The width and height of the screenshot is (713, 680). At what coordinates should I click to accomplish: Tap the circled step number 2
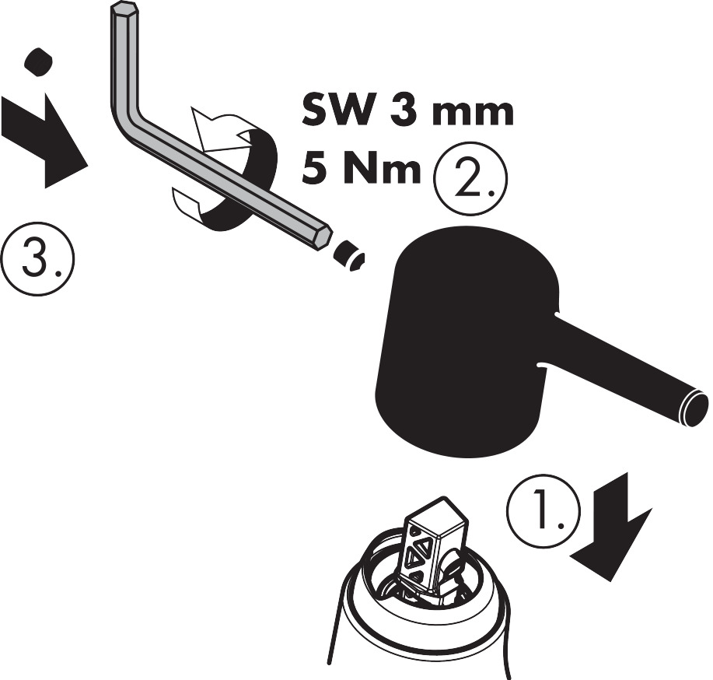tap(470, 178)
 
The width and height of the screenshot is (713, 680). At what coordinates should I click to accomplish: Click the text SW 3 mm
tap(408, 111)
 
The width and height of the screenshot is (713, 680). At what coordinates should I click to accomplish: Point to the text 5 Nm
tap(362, 169)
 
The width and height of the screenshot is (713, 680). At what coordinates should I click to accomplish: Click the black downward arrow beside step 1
tap(610, 526)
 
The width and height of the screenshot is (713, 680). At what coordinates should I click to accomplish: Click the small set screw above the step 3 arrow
tap(38, 61)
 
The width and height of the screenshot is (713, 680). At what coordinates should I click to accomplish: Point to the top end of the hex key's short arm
tap(123, 9)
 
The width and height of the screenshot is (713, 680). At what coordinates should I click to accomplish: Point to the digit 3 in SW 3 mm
tap(401, 111)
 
